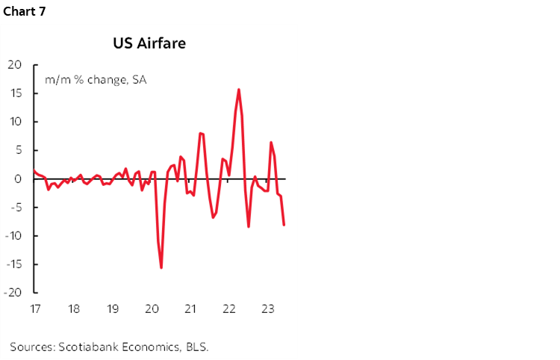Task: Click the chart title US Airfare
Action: click(149, 43)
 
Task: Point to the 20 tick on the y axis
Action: click(16, 65)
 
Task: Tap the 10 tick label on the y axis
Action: click(16, 122)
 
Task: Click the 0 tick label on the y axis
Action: click(19, 179)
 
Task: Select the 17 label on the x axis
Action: click(34, 308)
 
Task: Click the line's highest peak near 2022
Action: click(238, 90)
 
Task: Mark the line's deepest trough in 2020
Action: click(161, 267)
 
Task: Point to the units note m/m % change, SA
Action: click(95, 78)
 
